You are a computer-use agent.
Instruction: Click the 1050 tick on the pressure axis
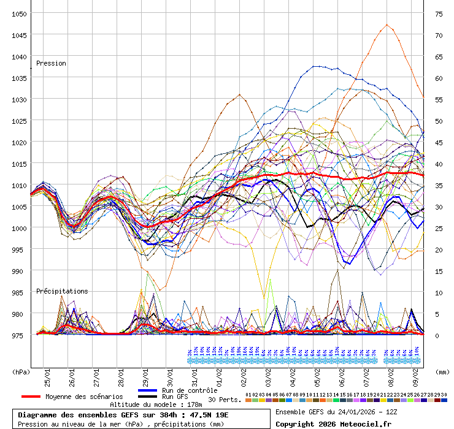coord(19,13)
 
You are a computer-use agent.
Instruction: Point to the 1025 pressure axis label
coord(19,121)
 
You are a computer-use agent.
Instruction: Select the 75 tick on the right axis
coord(439,13)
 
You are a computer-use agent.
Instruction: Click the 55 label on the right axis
coord(439,99)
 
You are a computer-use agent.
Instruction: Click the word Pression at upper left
coord(51,64)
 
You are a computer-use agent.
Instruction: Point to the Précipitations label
coord(62,292)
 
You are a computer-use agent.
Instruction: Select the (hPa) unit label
coord(21,371)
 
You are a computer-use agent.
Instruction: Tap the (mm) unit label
coord(442,371)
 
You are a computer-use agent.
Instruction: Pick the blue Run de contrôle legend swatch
coord(148,390)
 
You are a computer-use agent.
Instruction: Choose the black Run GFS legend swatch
coord(148,397)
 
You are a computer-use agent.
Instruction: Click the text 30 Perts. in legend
coord(225,400)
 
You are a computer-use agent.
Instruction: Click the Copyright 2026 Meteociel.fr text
coord(333,423)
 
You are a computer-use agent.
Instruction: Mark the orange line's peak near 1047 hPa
coord(387,25)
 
